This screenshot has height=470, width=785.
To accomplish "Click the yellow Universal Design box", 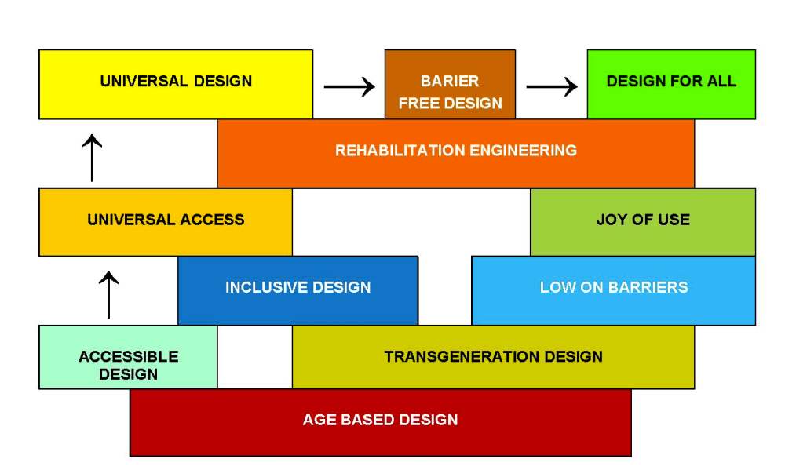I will tap(176, 84).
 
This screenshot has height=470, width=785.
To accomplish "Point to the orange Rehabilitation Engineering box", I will tap(455, 152).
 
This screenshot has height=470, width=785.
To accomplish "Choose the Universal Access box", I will tap(166, 221).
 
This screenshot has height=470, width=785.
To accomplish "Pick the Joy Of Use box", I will tap(643, 221).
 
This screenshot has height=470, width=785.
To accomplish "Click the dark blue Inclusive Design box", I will tap(298, 290).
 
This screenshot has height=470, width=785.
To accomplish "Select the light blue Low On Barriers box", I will tap(613, 290).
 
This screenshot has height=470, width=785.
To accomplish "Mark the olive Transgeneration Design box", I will tap(493, 357).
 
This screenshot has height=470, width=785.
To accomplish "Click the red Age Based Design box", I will tap(380, 421).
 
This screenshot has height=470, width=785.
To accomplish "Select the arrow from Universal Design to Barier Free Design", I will tap(349, 86).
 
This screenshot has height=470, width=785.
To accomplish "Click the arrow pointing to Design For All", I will tap(551, 86).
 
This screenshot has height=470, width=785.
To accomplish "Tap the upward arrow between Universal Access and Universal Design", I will tap(92, 158).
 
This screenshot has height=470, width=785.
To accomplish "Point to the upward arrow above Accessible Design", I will tap(109, 294).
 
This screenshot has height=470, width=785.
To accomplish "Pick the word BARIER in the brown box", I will tap(450, 82).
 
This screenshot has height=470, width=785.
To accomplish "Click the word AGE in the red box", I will tap(319, 420).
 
